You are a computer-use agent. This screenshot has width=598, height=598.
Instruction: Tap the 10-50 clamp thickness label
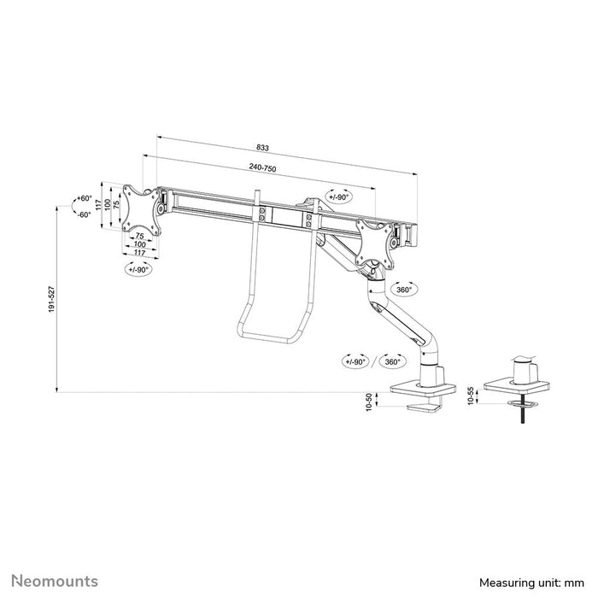click(x=369, y=402)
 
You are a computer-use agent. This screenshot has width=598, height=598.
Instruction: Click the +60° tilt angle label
click(x=83, y=198)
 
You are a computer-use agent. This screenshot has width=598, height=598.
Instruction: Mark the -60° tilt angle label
click(x=83, y=214)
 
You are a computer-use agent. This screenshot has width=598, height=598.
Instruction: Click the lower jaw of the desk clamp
click(x=425, y=409)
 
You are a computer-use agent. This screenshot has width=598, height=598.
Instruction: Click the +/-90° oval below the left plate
click(x=137, y=269)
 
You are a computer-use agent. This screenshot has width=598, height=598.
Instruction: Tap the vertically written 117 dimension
click(x=99, y=205)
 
